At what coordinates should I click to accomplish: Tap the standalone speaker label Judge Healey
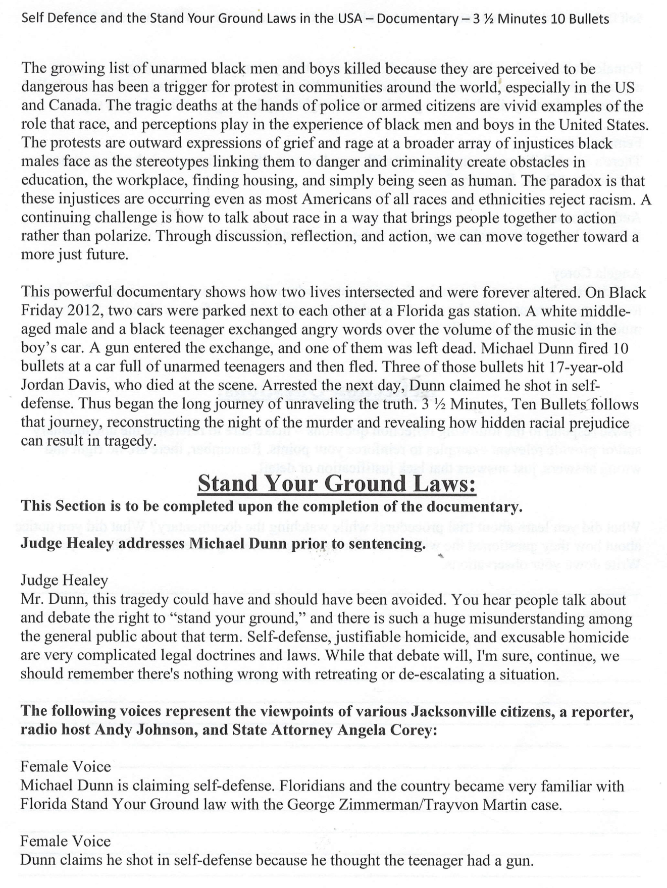point(64,581)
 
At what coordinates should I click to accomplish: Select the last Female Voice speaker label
point(65,842)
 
